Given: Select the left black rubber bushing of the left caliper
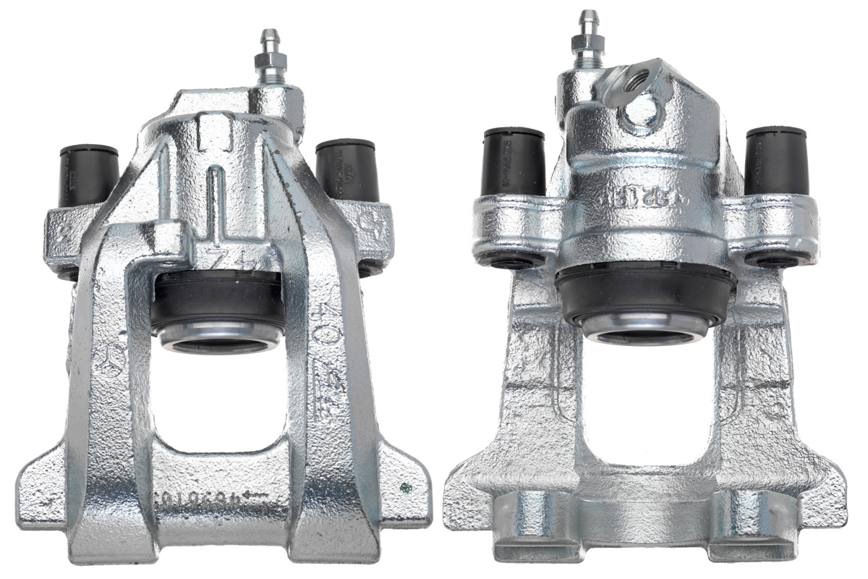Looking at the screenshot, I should pos(89,174).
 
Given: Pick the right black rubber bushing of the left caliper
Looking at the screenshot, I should pos(347,170).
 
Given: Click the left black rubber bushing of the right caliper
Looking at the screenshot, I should pos(513,161).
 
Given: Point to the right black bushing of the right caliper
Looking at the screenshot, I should pos(776,161).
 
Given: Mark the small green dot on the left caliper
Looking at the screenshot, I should pos(403,486).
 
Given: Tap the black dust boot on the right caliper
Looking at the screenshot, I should pos(644,293).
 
